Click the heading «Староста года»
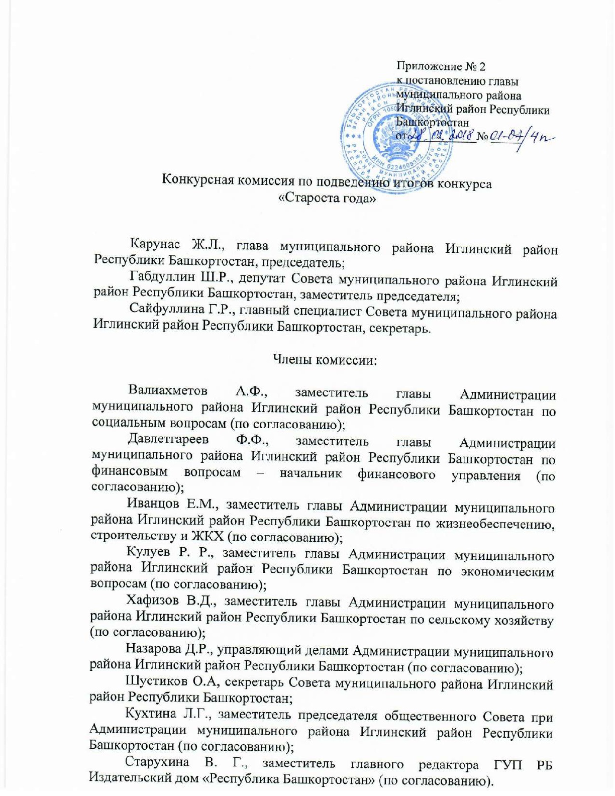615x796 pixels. (327, 197)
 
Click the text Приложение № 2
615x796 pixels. (441, 66)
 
